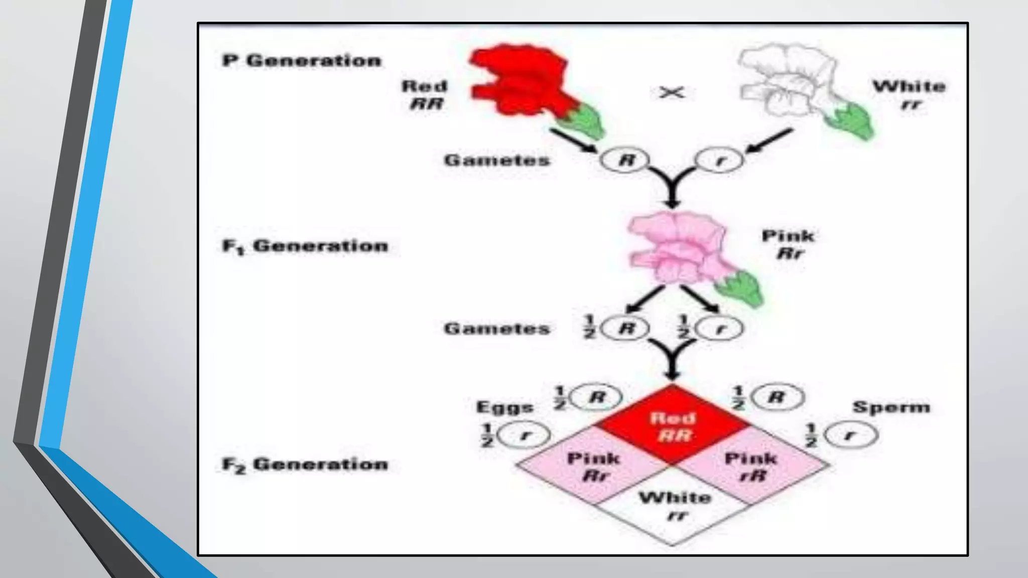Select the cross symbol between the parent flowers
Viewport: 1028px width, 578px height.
click(672, 93)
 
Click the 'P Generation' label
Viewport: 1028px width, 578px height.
click(302, 61)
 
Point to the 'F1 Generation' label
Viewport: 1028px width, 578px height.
click(305, 246)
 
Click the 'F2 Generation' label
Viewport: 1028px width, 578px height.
click(305, 464)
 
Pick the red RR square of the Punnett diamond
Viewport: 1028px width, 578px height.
click(673, 425)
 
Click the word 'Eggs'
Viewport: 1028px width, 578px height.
click(504, 407)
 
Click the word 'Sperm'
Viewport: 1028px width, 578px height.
click(891, 407)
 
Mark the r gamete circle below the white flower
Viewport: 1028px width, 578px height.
click(719, 161)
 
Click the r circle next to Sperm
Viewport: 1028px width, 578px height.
click(851, 435)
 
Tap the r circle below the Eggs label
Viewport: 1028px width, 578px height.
click(525, 435)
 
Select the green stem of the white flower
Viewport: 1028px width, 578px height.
click(851, 120)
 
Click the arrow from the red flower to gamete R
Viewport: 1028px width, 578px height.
click(572, 140)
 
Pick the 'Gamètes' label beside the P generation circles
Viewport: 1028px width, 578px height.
click(497, 161)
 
